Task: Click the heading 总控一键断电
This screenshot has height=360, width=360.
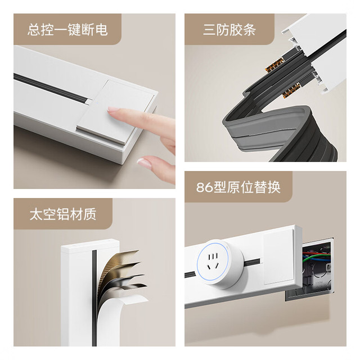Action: (67, 30)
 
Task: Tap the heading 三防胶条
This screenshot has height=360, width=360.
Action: (229, 30)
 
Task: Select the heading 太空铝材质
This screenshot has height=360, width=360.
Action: (63, 214)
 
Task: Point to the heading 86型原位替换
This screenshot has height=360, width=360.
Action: (238, 187)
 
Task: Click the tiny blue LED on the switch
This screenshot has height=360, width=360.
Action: (97, 102)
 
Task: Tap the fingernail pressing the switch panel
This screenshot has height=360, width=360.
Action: (112, 109)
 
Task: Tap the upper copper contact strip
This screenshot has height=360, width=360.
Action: (274, 64)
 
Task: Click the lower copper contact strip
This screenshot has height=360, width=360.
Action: (291, 90)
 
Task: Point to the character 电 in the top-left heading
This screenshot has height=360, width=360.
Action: (101, 30)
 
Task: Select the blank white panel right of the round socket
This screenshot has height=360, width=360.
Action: (278, 258)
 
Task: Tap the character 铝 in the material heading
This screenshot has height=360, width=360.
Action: (63, 214)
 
